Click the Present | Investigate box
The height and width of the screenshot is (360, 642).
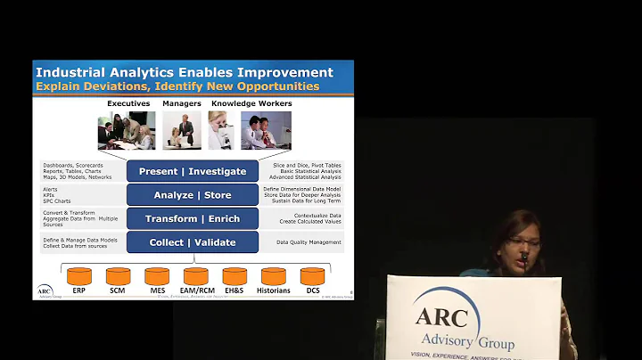tap(193, 171)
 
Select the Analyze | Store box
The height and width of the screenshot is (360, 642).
tap(193, 195)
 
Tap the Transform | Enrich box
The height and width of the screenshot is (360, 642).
tap(193, 219)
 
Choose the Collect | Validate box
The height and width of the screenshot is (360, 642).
tap(193, 242)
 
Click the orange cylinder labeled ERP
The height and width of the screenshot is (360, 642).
tap(79, 276)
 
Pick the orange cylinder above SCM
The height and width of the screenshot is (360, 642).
tap(118, 276)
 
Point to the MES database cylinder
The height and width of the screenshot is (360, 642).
tap(157, 276)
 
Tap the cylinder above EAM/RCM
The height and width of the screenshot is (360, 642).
tap(195, 276)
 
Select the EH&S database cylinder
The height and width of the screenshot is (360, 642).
tap(235, 276)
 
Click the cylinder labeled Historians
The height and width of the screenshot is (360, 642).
tap(274, 276)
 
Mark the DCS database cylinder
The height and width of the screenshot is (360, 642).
tap(312, 276)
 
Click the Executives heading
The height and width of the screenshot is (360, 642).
tap(128, 104)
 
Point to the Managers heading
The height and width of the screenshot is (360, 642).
tap(181, 104)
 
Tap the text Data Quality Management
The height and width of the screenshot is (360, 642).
tap(309, 242)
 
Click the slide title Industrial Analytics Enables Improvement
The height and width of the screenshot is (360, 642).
tap(183, 72)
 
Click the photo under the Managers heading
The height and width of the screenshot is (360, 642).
tap(181, 131)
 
